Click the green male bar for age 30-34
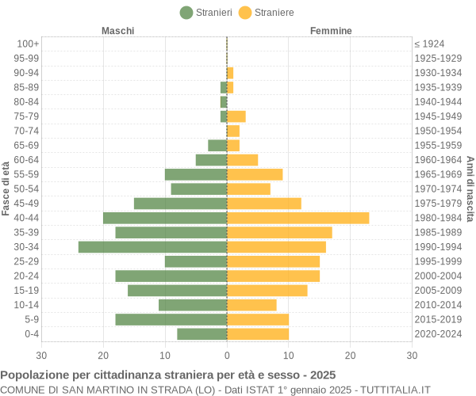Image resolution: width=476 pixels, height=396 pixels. click(x=152, y=247)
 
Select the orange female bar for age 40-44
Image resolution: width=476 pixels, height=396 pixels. click(x=297, y=218)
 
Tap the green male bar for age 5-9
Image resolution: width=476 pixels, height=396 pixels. click(x=171, y=319)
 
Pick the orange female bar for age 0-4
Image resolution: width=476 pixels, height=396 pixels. click(x=258, y=334)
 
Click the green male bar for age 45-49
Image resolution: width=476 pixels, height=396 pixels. click(x=180, y=204)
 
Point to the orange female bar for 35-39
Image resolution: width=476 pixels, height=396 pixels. click(x=279, y=232)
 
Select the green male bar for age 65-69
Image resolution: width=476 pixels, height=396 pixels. click(x=217, y=145)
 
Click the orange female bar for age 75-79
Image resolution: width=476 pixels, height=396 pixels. click(x=236, y=116)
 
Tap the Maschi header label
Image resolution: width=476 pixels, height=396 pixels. click(x=117, y=31)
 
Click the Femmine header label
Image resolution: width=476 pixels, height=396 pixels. click(x=331, y=31)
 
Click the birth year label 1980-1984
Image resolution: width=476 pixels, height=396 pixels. click(x=437, y=218)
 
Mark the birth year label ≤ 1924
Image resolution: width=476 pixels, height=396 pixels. click(x=429, y=44)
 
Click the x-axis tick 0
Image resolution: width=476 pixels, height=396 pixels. click(x=227, y=356)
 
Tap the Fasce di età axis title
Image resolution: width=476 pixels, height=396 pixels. click(x=6, y=188)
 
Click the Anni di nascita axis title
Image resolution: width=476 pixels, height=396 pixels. click(x=470, y=188)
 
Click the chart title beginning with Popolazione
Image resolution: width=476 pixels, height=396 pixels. click(x=168, y=375)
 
